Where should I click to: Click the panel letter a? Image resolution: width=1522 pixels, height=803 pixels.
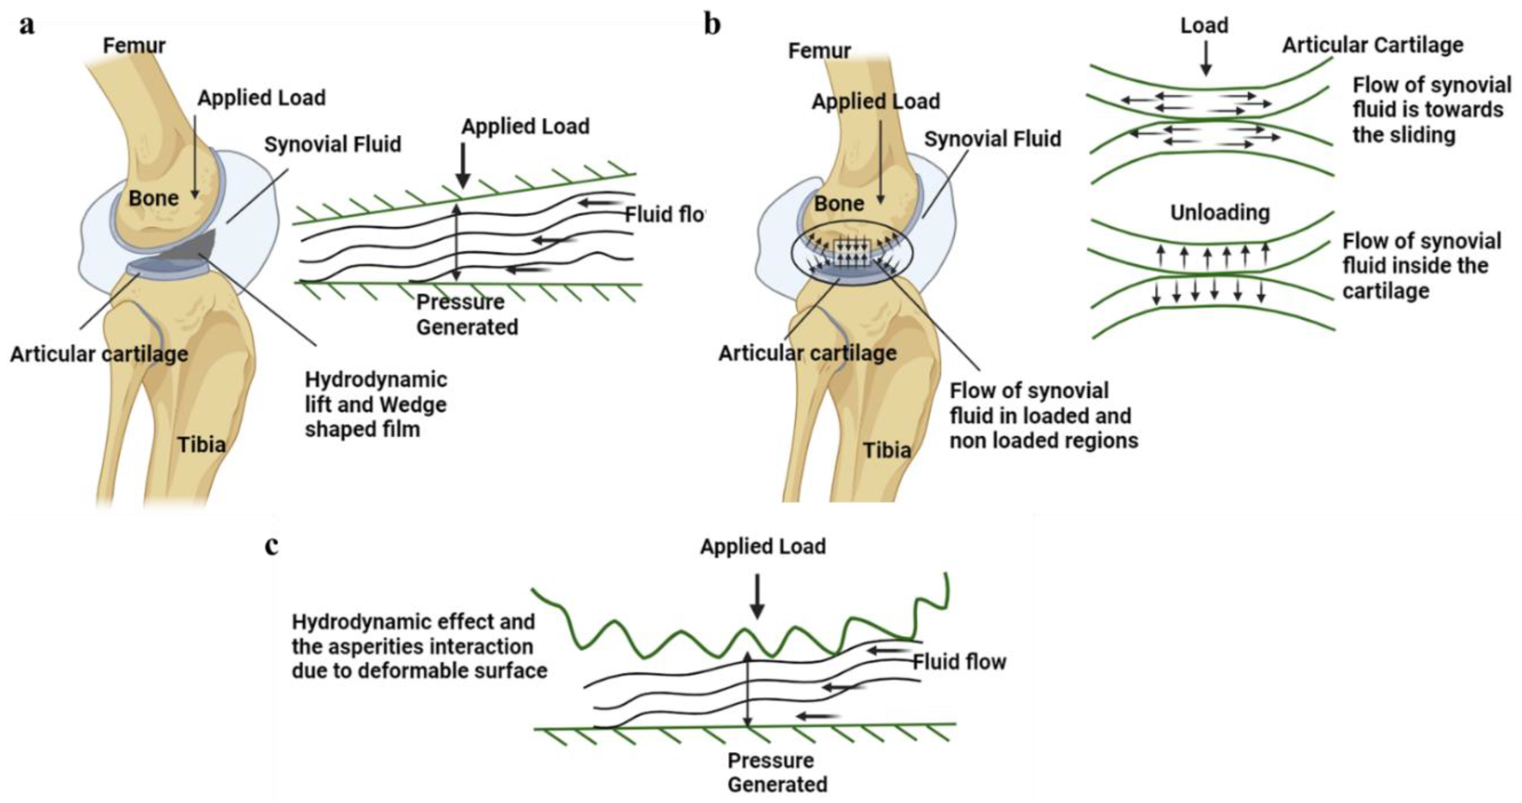pyautogui.click(x=27, y=26)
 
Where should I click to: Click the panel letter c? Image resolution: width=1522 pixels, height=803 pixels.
pyautogui.click(x=271, y=546)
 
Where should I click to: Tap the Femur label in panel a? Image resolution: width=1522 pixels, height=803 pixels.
pyautogui.click(x=134, y=45)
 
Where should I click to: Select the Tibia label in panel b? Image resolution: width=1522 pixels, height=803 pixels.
pyautogui.click(x=887, y=450)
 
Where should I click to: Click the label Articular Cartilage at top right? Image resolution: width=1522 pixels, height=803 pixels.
pyautogui.click(x=1373, y=45)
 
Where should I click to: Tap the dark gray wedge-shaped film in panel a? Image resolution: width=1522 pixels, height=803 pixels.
pyautogui.click(x=189, y=251)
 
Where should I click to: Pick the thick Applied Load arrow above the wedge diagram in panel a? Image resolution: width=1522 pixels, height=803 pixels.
pyautogui.click(x=463, y=166)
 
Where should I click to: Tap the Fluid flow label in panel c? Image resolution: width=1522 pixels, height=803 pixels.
pyautogui.click(x=959, y=662)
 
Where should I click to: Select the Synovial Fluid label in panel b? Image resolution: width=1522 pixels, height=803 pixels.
pyautogui.click(x=993, y=139)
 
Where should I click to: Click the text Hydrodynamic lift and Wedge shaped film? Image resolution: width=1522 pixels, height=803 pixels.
pyautogui.click(x=376, y=405)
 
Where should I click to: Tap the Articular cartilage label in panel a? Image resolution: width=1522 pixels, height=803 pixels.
pyautogui.click(x=99, y=354)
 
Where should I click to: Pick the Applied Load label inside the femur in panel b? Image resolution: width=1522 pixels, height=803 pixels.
pyautogui.click(x=876, y=102)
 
